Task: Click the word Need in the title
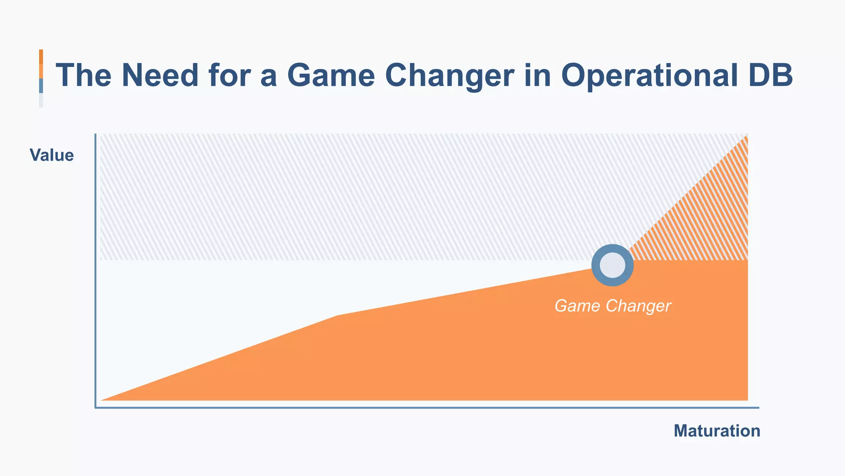(160, 75)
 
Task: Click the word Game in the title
(331, 75)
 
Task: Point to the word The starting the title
(84, 75)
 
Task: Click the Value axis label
(52, 155)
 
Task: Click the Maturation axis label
(717, 431)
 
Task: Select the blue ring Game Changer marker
(612, 265)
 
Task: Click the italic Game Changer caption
(612, 306)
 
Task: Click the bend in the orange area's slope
(337, 316)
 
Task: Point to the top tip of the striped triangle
(746, 136)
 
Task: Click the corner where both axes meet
(96, 407)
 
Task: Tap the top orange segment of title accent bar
(41, 57)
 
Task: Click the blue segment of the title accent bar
(41, 86)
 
